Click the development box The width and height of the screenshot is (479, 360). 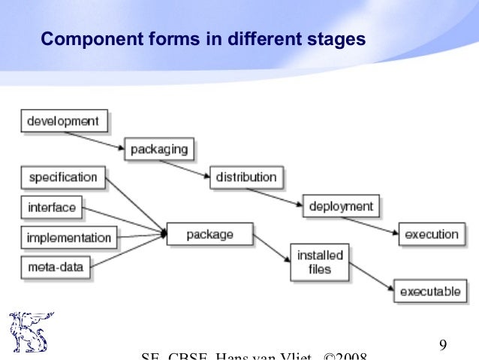[64, 120]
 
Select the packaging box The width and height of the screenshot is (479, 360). [158, 148]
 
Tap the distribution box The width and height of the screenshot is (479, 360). [246, 177]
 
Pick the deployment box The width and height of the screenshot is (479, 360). [340, 205]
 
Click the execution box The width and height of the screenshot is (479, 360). [431, 234]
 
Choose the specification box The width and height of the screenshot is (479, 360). [63, 177]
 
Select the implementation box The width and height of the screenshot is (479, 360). [68, 237]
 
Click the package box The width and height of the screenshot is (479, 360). [209, 234]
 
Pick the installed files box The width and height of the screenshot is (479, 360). [320, 262]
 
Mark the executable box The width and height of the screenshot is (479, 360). [430, 290]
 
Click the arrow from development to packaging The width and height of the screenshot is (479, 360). [95, 139]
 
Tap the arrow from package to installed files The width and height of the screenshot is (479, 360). [271, 248]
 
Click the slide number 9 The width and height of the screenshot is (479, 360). [443, 346]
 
